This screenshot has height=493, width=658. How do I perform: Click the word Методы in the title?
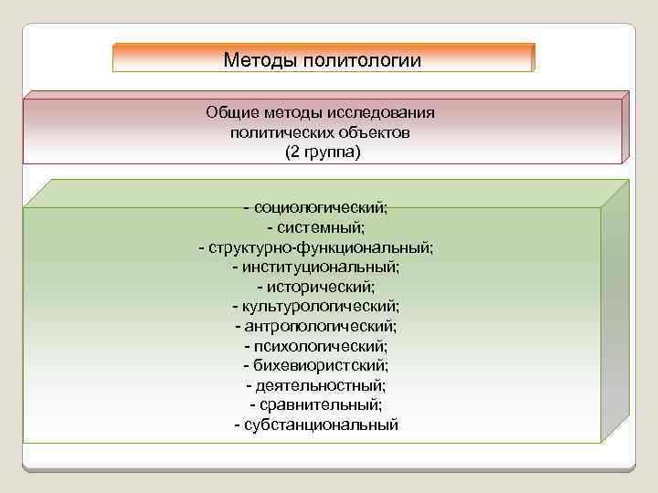click(x=258, y=61)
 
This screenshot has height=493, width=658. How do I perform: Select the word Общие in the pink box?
click(x=232, y=113)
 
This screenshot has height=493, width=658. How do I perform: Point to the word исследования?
click(x=385, y=113)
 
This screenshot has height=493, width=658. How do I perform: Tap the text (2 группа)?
click(x=323, y=152)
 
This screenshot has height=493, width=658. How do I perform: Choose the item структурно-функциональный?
click(x=321, y=247)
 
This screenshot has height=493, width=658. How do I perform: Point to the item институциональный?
click(x=322, y=267)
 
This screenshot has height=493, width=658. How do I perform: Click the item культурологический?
click(x=321, y=307)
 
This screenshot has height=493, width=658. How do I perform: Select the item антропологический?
click(x=321, y=326)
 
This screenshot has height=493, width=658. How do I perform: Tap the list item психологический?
click(x=321, y=346)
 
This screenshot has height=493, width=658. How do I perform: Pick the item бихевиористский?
click(x=321, y=365)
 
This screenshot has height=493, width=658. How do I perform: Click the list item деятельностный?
click(x=321, y=385)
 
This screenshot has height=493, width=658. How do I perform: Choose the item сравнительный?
click(x=321, y=404)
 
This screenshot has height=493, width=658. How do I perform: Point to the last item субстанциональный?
click(x=321, y=425)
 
